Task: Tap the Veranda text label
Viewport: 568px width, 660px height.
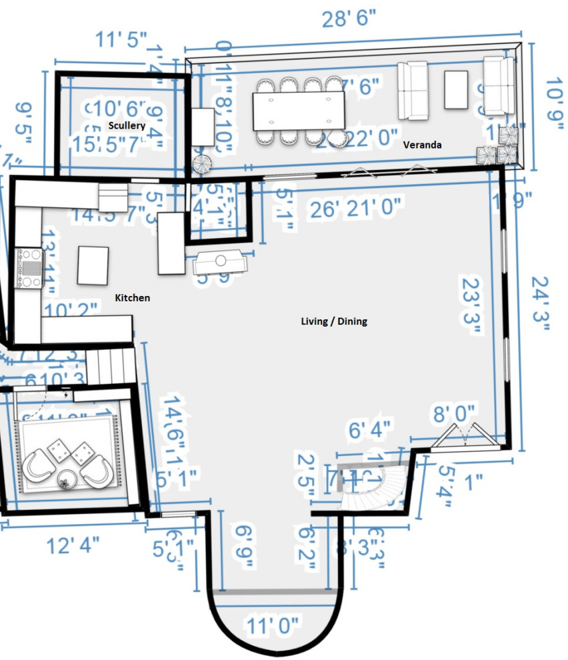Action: (423, 145)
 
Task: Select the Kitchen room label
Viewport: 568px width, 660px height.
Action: (133, 298)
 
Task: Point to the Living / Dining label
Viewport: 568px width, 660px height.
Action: (334, 321)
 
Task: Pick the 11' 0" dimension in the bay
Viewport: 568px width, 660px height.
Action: (274, 627)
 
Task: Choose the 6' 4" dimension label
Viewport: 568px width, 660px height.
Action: (369, 426)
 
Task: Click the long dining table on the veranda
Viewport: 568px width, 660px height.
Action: (299, 111)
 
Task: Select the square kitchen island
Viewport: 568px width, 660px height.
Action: (93, 265)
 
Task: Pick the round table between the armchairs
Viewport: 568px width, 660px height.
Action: (67, 478)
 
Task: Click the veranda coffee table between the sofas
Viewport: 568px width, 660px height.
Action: (457, 89)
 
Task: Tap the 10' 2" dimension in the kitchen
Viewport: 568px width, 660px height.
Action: (72, 309)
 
